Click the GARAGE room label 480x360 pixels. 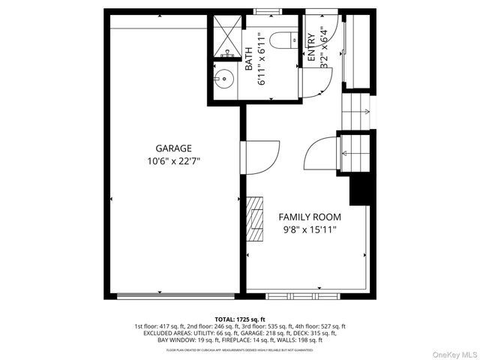pyautogui.click(x=173, y=148)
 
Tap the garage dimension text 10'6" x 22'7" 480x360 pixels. pyautogui.click(x=173, y=161)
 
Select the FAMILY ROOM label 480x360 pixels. pyautogui.click(x=310, y=217)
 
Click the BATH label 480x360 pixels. pyautogui.click(x=249, y=55)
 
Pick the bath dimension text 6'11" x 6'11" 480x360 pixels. pyautogui.click(x=262, y=58)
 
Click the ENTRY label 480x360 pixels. pyautogui.click(x=311, y=47)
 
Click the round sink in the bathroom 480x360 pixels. pyautogui.click(x=223, y=78)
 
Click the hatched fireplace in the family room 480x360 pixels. pyautogui.click(x=256, y=220)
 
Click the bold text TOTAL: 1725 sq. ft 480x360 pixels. pyautogui.click(x=240, y=319)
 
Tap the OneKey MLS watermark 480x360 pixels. pyautogui.click(x=453, y=352)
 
